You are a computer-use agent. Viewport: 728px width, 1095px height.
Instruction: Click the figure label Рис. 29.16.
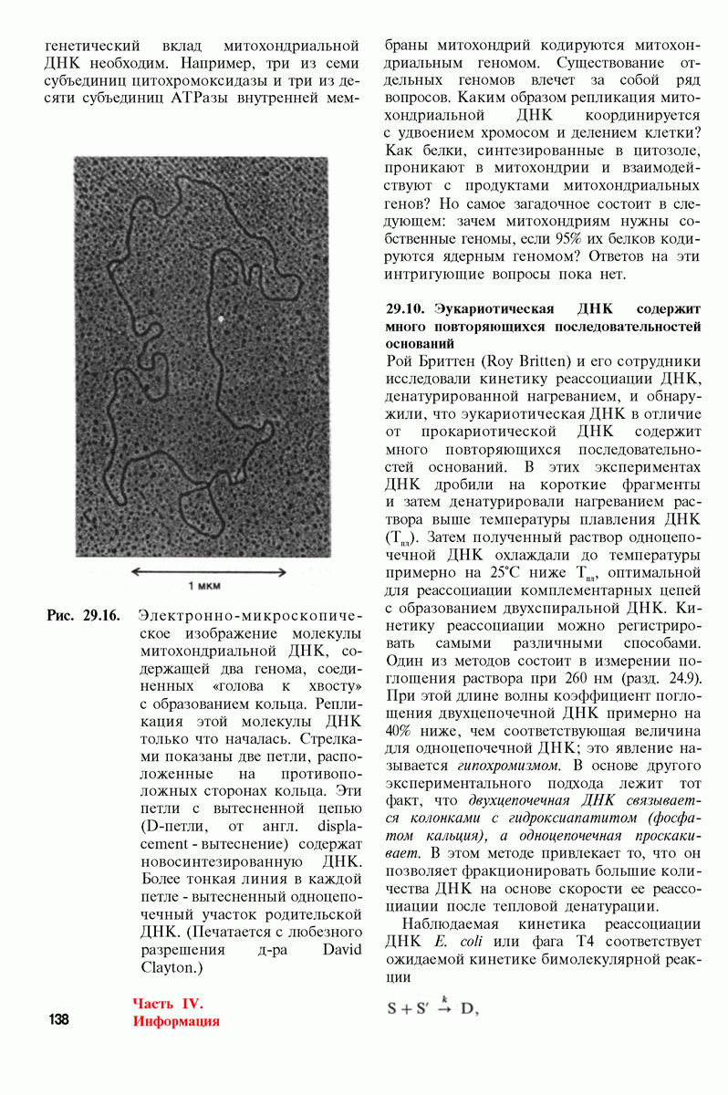(83, 615)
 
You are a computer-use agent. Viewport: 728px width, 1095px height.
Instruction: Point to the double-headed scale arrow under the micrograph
(209, 571)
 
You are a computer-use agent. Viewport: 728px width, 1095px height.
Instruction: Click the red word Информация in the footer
(176, 1020)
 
